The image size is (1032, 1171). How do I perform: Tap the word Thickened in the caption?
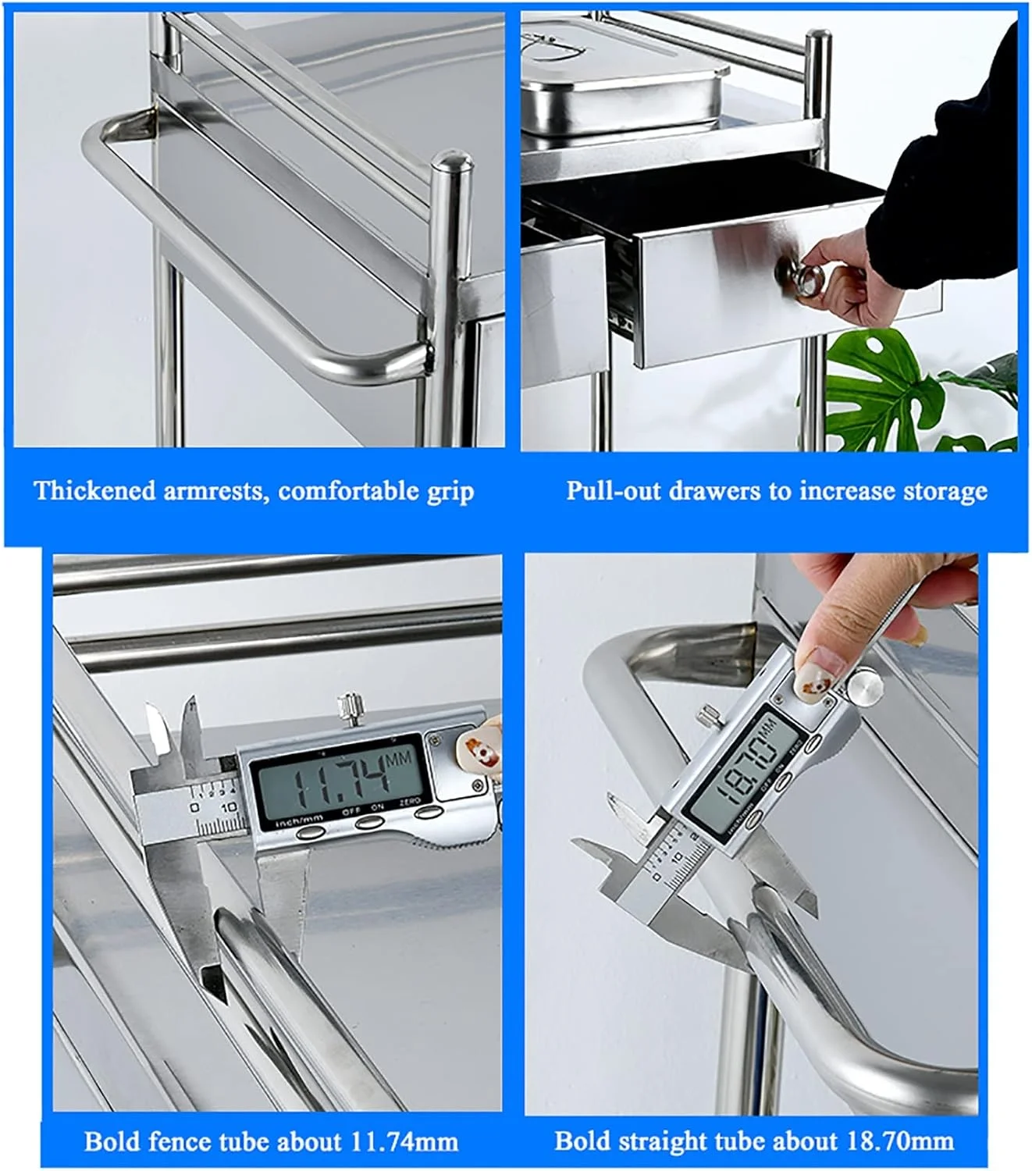[x=95, y=491]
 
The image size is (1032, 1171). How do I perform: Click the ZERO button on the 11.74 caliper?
[x=429, y=811]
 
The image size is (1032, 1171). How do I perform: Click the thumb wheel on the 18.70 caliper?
[x=865, y=685]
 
